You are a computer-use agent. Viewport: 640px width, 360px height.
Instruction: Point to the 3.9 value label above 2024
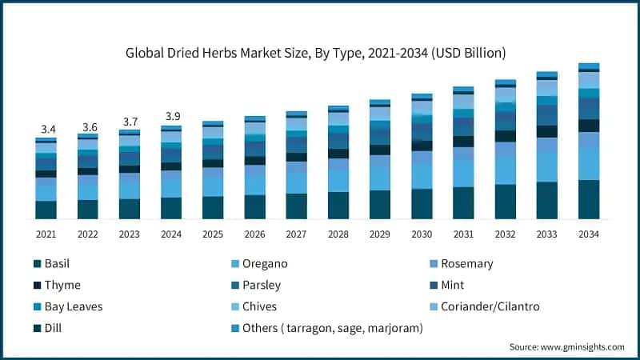tap(171, 117)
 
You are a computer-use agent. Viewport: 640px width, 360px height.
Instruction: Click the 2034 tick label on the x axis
tap(589, 234)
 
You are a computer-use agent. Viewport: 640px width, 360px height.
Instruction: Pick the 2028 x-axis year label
tap(338, 234)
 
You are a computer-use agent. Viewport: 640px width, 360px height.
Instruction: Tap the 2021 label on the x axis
tap(46, 234)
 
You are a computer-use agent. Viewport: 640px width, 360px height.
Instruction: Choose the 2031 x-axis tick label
tap(463, 234)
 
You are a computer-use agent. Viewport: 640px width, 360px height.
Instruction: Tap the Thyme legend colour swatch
tap(38, 286)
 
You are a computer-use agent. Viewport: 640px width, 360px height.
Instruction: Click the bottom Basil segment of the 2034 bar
tap(589, 199)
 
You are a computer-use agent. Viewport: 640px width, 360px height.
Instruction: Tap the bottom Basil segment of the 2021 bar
tap(46, 210)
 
